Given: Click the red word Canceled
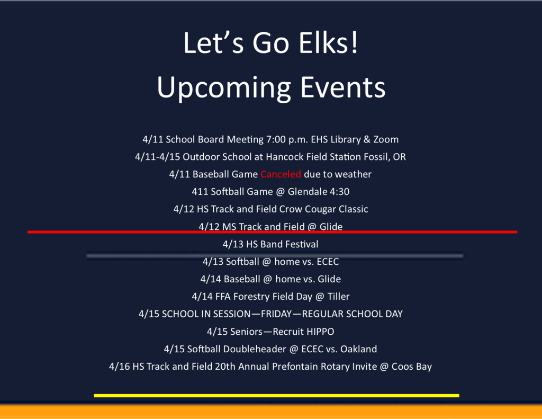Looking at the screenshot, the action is click(281, 174).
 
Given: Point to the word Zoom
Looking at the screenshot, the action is click(386, 139).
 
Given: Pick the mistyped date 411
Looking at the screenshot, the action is click(200, 192).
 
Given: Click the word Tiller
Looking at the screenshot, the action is click(338, 297).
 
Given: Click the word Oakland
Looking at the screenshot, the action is click(358, 349).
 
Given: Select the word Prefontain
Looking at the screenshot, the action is click(295, 367).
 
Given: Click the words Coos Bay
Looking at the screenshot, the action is click(411, 367).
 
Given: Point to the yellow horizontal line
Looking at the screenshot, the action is click(276, 396).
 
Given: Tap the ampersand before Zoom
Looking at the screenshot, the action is click(367, 139).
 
